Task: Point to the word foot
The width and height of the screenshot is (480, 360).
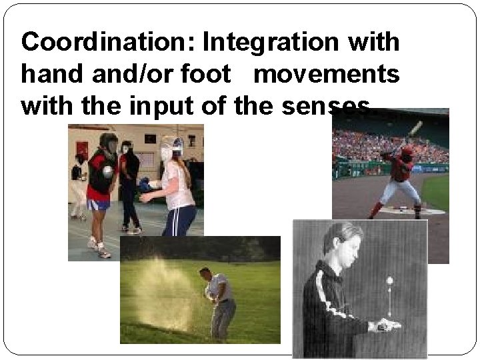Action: [x=217, y=74]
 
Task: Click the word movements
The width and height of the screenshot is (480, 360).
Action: [x=327, y=74]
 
